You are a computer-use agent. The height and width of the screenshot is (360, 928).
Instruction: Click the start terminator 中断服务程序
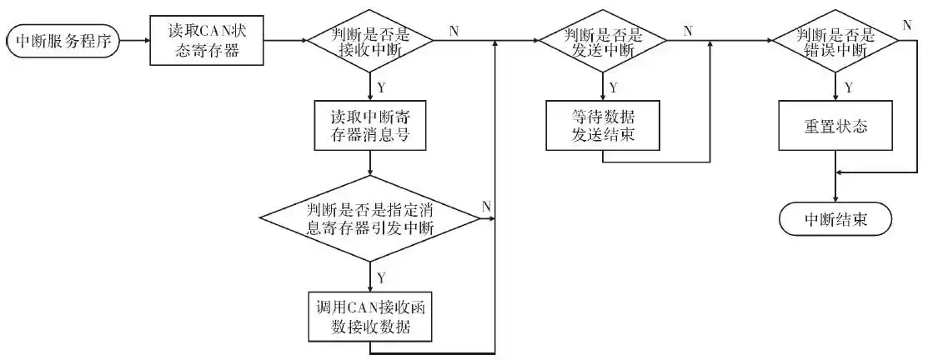(63, 41)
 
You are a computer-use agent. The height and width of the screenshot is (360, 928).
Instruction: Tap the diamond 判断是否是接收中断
(370, 41)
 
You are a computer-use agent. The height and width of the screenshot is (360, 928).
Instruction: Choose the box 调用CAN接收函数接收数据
(370, 315)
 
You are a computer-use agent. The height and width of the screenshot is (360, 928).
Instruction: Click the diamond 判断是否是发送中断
(602, 41)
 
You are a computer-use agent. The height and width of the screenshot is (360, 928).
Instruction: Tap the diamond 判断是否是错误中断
(834, 41)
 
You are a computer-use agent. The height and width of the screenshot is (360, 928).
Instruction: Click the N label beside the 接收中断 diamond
(454, 31)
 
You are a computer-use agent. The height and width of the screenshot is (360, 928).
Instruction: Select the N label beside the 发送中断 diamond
(688, 31)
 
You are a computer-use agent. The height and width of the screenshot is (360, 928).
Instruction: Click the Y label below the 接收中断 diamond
(382, 87)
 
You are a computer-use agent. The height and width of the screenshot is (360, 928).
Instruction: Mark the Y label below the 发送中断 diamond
(614, 87)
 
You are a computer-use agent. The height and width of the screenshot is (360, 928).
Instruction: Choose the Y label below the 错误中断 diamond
(848, 87)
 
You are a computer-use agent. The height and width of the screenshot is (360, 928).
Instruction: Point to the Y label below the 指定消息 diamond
(382, 276)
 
